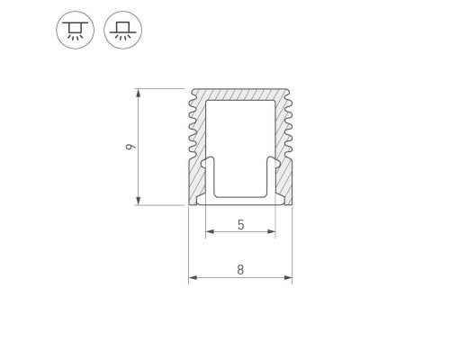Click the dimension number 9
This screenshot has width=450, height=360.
[130, 147]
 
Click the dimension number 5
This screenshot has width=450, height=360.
[241, 224]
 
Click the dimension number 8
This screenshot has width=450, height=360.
[240, 270]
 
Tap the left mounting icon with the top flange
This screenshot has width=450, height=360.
[75, 30]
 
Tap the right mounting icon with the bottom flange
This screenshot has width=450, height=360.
[123, 30]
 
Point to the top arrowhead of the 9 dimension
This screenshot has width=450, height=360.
[138, 94]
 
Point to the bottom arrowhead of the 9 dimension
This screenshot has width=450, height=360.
[138, 201]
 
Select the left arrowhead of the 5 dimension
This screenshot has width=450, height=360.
[210, 231]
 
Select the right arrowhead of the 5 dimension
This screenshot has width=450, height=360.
[271, 231]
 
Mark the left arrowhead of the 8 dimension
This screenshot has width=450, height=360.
[193, 277]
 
